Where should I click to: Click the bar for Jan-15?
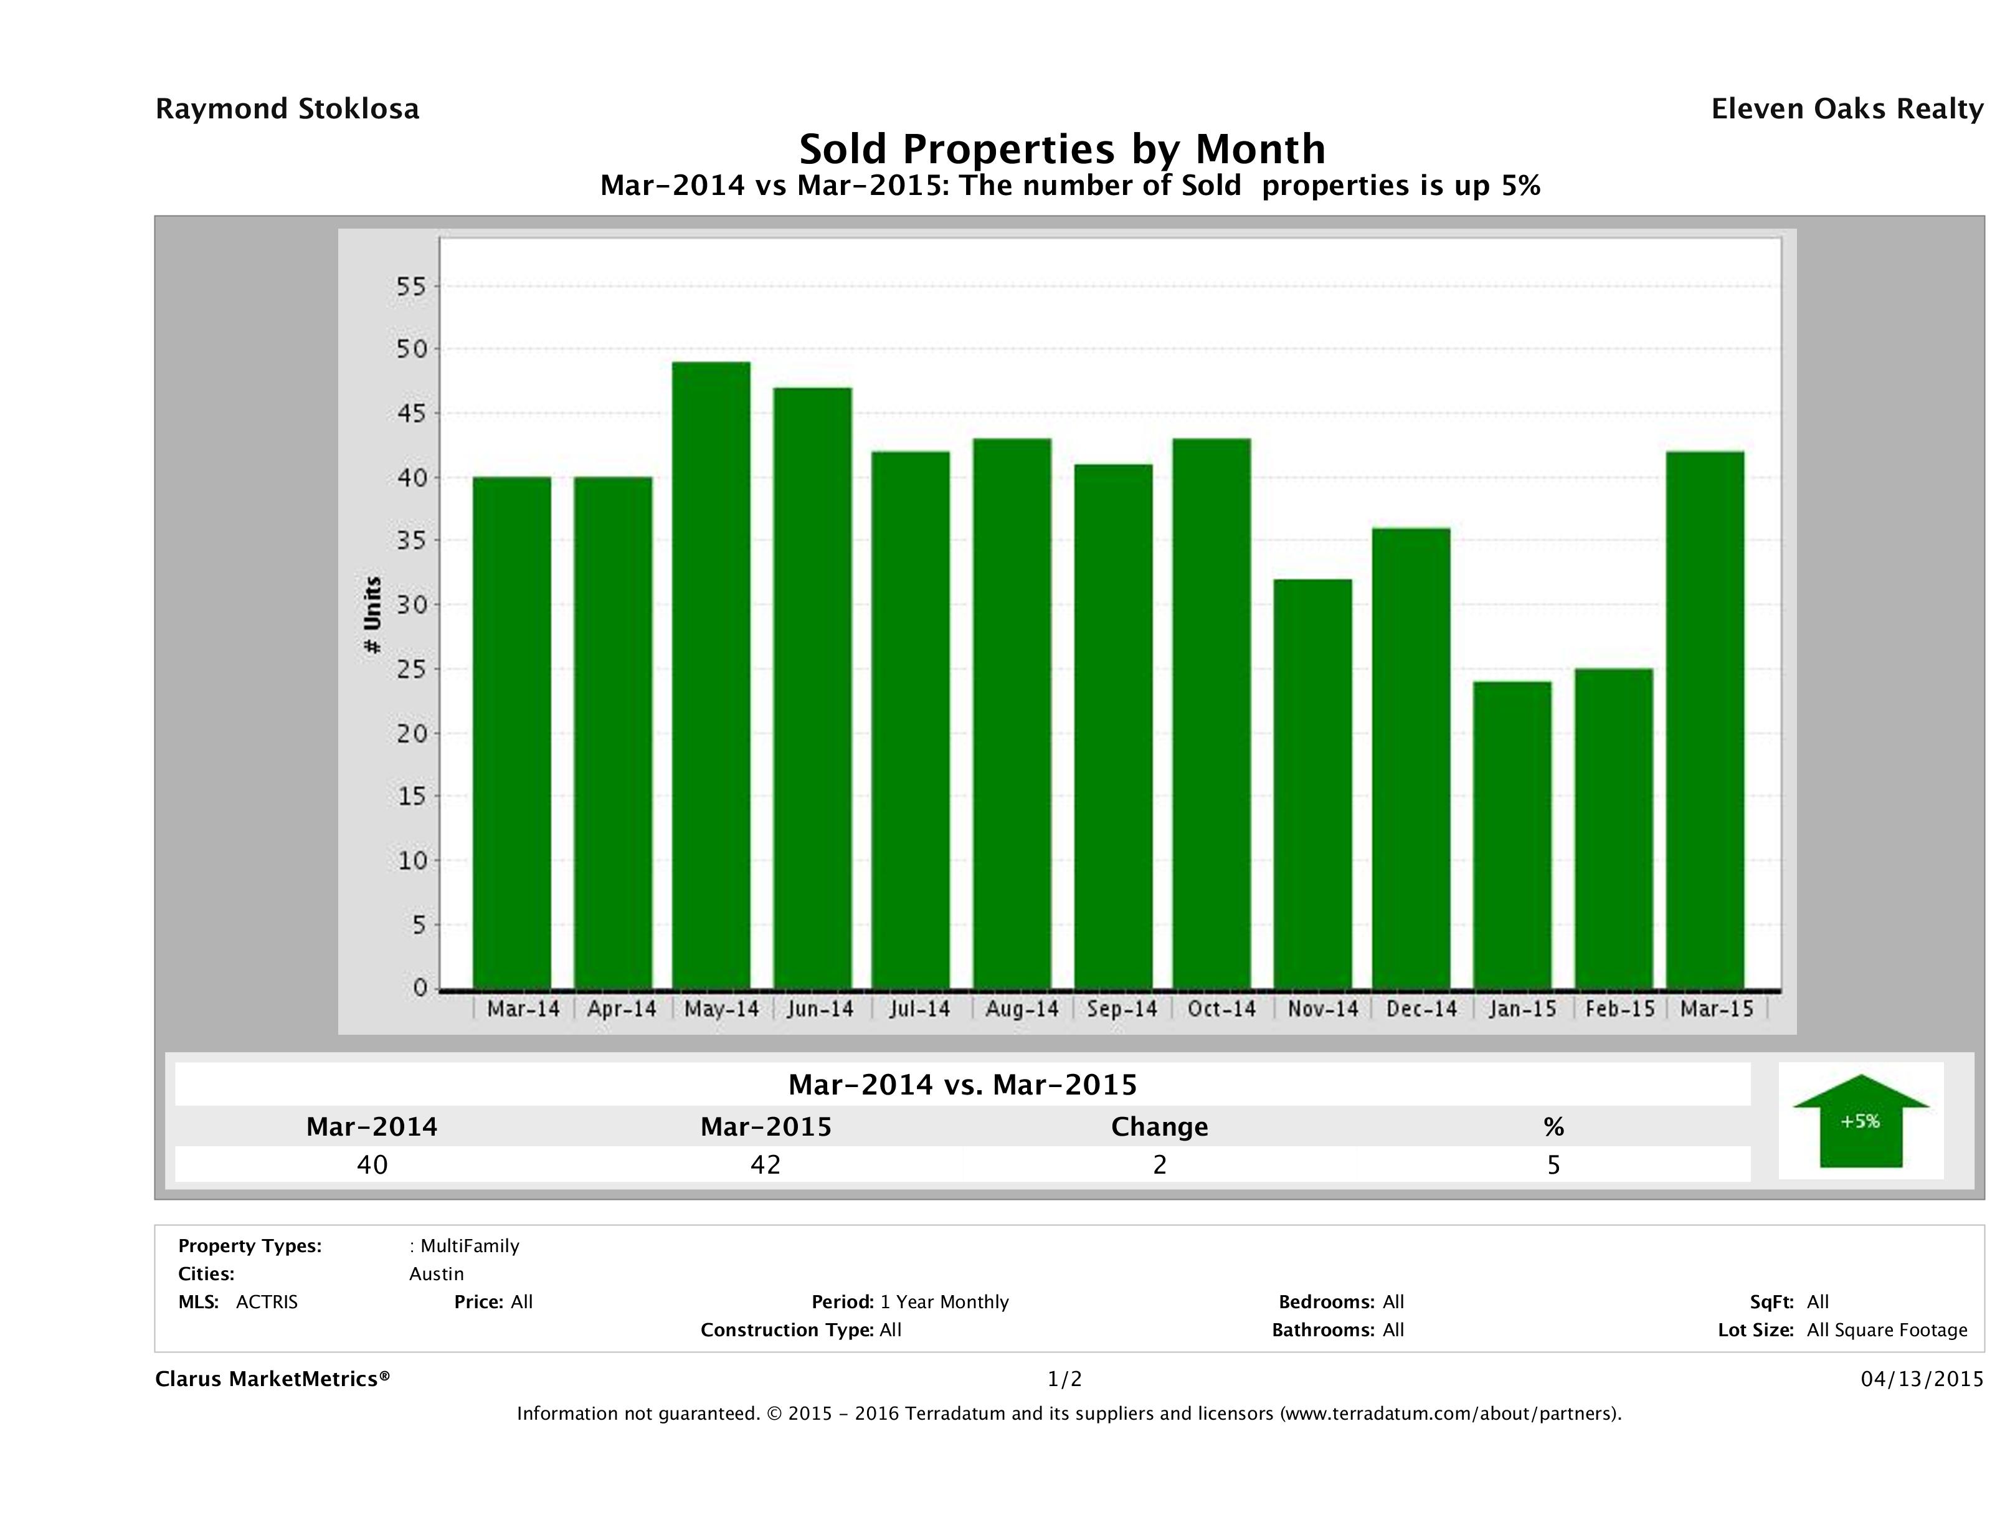pyautogui.click(x=1512, y=834)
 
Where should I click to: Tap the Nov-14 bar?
pyautogui.click(x=1313, y=784)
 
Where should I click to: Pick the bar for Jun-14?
pyautogui.click(x=812, y=688)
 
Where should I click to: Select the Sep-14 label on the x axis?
pyautogui.click(x=1122, y=1009)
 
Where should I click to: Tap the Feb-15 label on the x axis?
pyautogui.click(x=1619, y=1009)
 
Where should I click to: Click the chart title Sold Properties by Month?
pyautogui.click(x=1061, y=148)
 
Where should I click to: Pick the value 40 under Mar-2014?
pyautogui.click(x=372, y=1165)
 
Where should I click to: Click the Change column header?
pyautogui.click(x=1160, y=1127)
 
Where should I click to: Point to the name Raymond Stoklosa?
pyautogui.click(x=287, y=109)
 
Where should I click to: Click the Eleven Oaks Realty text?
pyautogui.click(x=1846, y=109)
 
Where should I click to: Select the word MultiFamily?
pyautogui.click(x=469, y=1246)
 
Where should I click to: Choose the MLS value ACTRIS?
pyautogui.click(x=266, y=1303)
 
